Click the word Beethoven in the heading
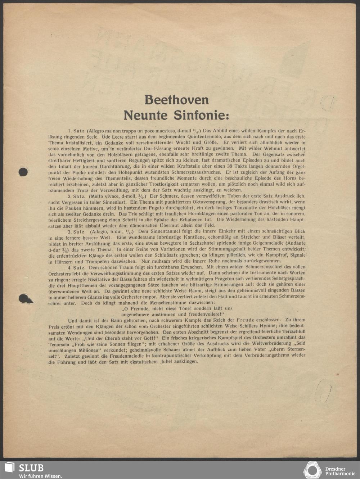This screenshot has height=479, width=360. (176, 100)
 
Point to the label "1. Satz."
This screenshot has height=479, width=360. (75, 131)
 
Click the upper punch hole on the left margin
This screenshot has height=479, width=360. (23, 172)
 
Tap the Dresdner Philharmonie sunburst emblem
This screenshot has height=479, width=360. (312, 470)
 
